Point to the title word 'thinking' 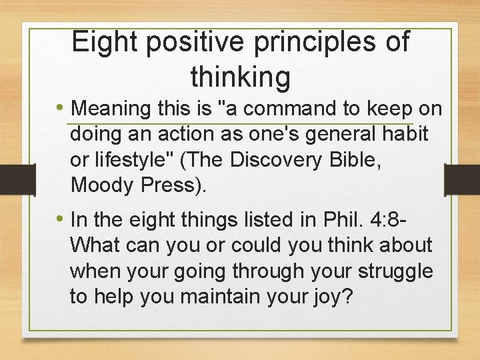(241, 77)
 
